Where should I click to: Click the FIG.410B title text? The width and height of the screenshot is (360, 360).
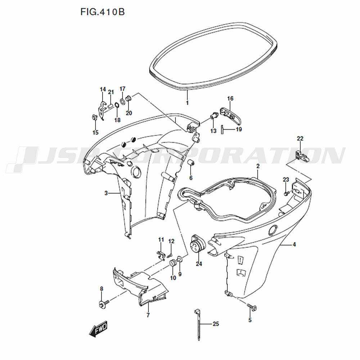(102, 12)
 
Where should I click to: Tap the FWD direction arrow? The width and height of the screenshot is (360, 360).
(98, 329)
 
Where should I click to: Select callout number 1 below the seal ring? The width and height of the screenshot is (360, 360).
(187, 103)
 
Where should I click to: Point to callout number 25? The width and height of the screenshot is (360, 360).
(216, 324)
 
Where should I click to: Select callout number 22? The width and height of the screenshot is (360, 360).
(300, 139)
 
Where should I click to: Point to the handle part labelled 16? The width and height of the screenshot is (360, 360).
(230, 114)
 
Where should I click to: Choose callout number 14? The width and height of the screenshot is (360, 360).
(103, 89)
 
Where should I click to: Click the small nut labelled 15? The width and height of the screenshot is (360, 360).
(94, 117)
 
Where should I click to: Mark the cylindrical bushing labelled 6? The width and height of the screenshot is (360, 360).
(191, 163)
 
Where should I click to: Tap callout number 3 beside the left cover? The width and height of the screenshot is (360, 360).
(106, 193)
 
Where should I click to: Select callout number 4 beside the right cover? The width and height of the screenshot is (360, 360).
(294, 244)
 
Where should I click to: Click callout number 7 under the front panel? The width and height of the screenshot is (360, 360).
(148, 315)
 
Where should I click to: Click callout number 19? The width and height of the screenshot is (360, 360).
(239, 129)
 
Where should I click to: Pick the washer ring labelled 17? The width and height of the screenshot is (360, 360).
(122, 101)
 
